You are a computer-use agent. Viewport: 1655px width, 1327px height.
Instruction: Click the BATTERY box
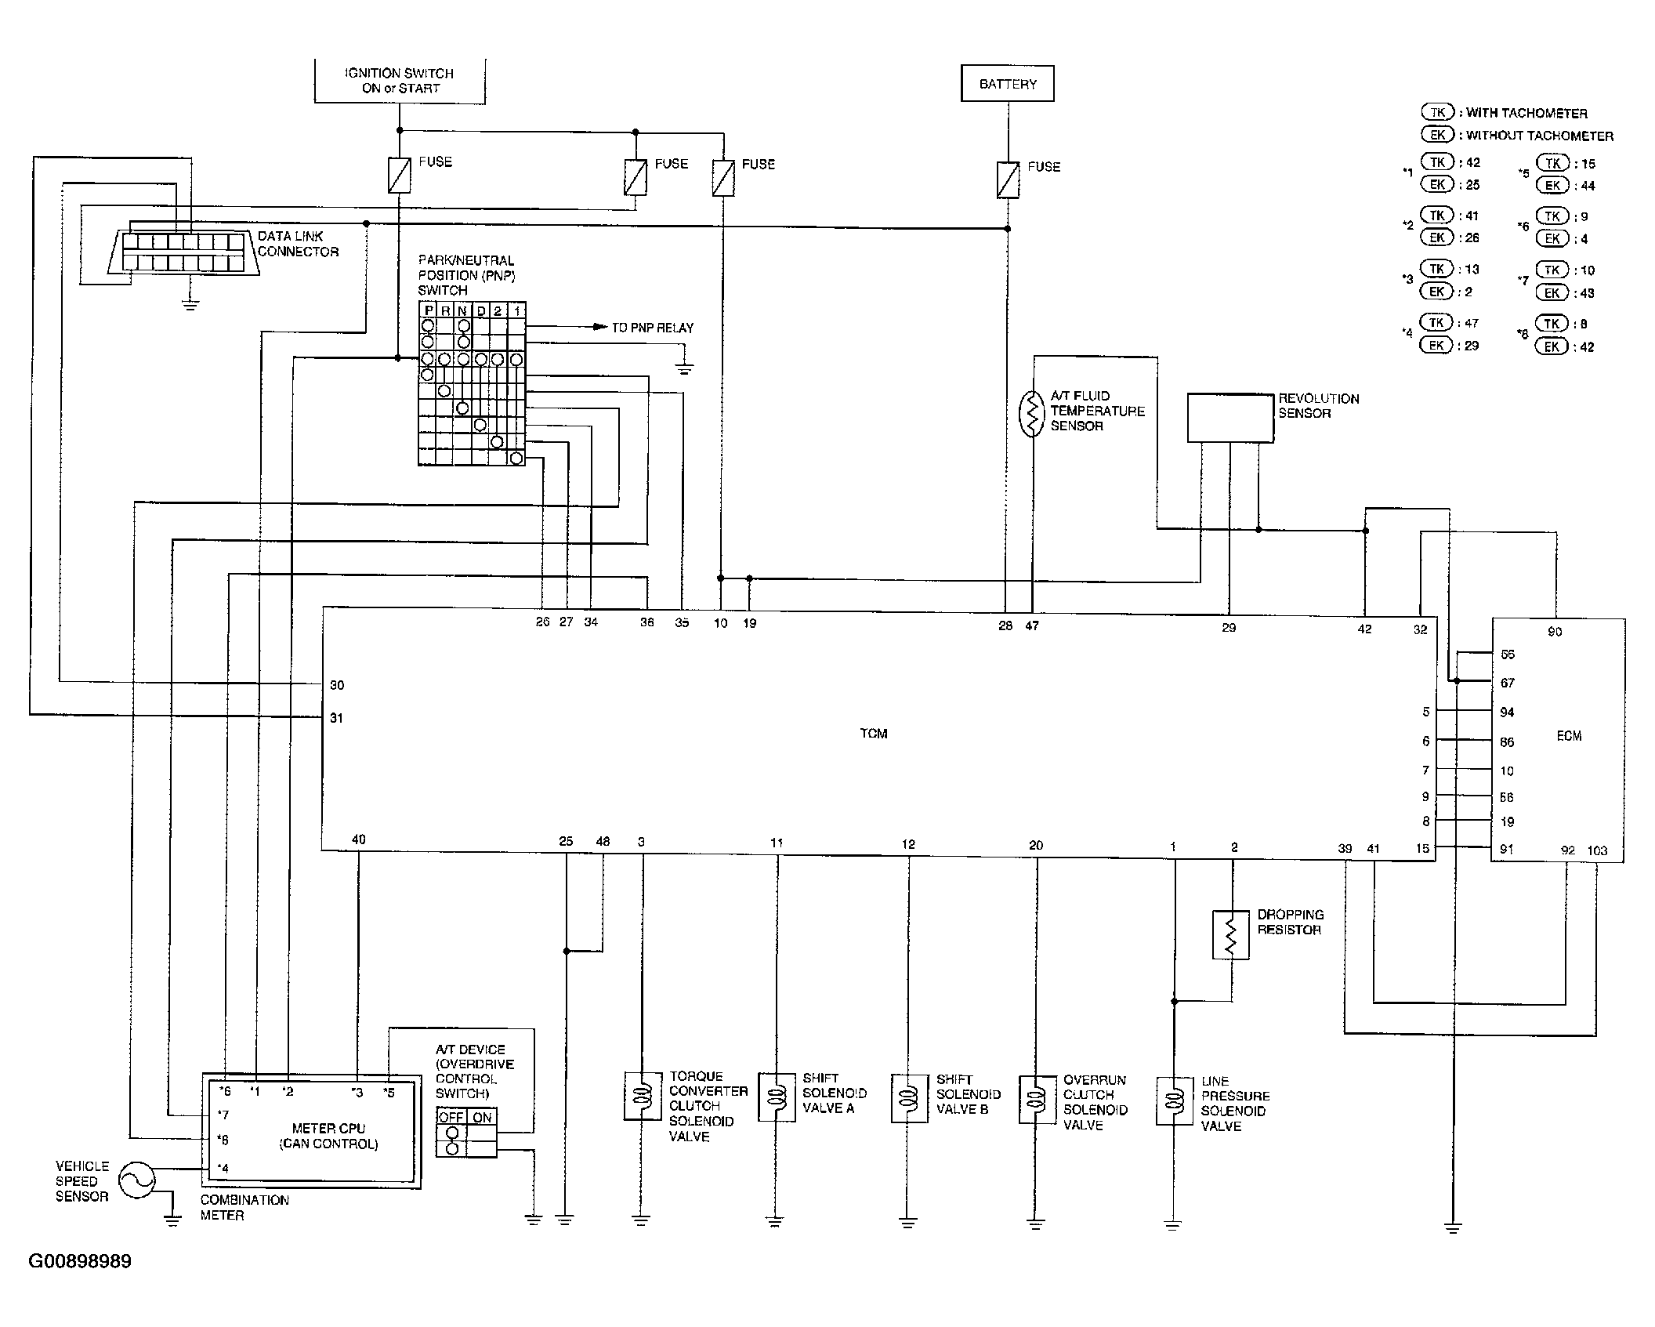(x=1007, y=83)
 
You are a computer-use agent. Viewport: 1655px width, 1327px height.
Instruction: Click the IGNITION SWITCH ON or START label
(x=400, y=81)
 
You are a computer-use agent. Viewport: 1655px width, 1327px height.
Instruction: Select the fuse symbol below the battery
(x=1008, y=179)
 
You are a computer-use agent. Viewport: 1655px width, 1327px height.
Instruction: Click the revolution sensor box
(x=1229, y=418)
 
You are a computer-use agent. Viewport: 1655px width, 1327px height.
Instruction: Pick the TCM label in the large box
(x=874, y=734)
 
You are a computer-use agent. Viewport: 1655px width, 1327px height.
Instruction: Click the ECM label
(x=1569, y=736)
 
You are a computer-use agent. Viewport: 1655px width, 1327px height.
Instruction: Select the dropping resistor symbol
(x=1231, y=934)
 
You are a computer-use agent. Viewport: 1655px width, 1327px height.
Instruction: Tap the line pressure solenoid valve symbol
(x=1174, y=1101)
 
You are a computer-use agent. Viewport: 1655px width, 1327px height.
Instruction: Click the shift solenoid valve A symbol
(x=777, y=1097)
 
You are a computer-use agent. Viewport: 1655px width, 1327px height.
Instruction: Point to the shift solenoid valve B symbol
(x=909, y=1097)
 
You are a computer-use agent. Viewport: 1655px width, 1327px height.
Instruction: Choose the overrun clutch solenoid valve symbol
(x=1036, y=1100)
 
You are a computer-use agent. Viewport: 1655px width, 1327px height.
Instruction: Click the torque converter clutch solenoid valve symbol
(x=643, y=1096)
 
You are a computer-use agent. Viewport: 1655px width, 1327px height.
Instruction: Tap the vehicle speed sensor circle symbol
(x=136, y=1180)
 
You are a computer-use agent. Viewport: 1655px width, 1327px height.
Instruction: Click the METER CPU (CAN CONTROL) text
(x=328, y=1136)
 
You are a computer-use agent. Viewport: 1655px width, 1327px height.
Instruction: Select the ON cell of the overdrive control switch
(x=482, y=1118)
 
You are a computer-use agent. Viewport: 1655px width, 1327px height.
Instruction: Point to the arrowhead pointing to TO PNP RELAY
(x=600, y=327)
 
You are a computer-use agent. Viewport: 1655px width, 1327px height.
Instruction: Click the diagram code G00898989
(x=80, y=1261)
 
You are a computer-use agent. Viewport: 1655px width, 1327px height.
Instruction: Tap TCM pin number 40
(x=358, y=839)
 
